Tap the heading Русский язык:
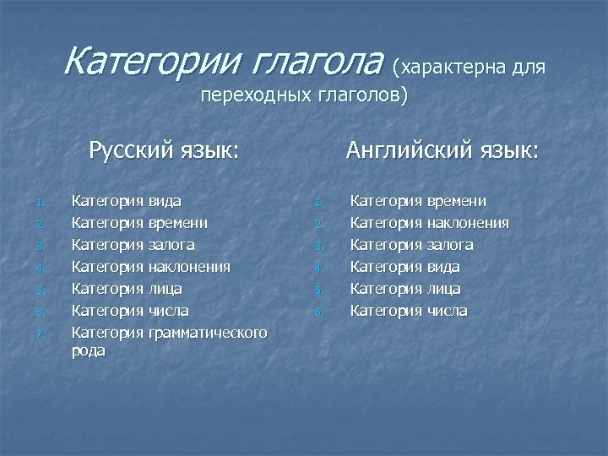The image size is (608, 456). [x=164, y=151]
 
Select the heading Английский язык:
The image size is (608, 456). [x=442, y=151]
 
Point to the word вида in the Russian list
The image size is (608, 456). [x=165, y=201]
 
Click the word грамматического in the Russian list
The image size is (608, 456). [x=208, y=333]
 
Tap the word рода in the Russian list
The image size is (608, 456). [x=89, y=350]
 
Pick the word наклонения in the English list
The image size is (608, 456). [x=468, y=223]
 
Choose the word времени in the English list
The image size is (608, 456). [x=456, y=201]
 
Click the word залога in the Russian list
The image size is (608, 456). [x=171, y=245]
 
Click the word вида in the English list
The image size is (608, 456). [x=442, y=267]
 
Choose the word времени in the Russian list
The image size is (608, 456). [x=178, y=223]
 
